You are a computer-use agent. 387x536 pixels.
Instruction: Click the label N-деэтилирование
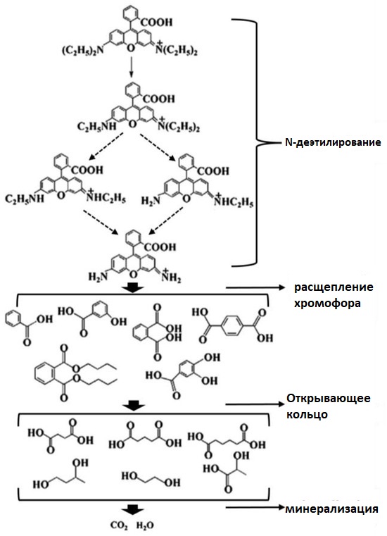point(333,142)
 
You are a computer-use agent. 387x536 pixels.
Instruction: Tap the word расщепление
point(334,287)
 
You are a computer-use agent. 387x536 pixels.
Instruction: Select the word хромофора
point(327,303)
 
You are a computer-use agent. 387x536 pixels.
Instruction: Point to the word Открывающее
point(329,399)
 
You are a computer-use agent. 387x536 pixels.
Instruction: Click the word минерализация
point(331,509)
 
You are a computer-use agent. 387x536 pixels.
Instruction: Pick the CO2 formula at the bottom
point(119,525)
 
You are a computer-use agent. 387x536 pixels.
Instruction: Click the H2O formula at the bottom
point(145,525)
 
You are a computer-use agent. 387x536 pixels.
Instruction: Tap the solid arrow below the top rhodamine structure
point(131,68)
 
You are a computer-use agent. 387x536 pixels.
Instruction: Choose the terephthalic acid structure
point(232,325)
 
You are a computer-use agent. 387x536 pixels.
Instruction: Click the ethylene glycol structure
point(151,479)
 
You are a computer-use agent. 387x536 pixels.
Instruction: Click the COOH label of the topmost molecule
point(156,23)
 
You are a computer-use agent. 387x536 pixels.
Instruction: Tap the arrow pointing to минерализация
point(255,507)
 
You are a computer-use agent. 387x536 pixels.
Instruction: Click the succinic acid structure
point(61,436)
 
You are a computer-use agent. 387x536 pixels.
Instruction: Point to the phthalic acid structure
point(157,332)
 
